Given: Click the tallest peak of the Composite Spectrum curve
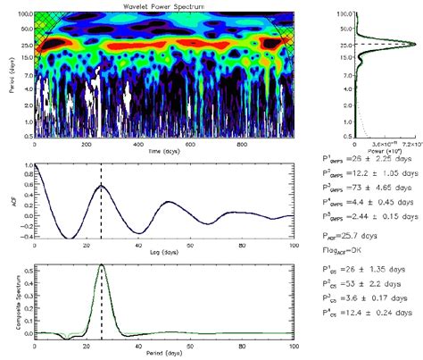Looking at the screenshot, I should click(102, 265).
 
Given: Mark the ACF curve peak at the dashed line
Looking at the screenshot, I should click(102, 185).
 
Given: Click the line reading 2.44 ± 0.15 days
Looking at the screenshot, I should click(378, 215).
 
